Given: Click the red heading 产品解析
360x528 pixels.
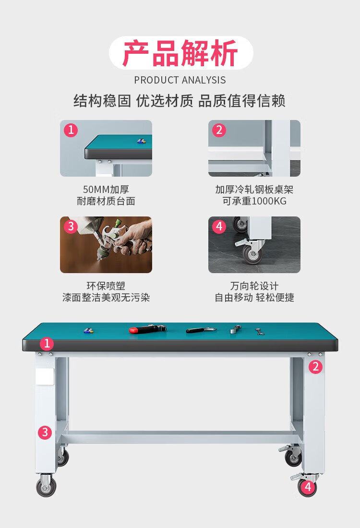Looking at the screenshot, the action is pyautogui.click(x=180, y=53).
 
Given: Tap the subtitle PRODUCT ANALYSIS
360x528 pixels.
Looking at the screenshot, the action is pyautogui.click(x=180, y=80).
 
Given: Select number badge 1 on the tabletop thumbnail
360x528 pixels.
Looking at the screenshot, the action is pyautogui.click(x=71, y=130).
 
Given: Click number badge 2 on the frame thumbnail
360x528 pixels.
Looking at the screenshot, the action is pyautogui.click(x=219, y=130).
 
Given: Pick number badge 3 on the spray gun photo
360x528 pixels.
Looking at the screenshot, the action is pyautogui.click(x=71, y=226).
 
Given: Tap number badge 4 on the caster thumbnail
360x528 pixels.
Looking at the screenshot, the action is pyautogui.click(x=219, y=226).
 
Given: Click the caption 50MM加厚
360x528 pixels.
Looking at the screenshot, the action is pyautogui.click(x=106, y=190).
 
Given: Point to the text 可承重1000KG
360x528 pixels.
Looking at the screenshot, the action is pyautogui.click(x=254, y=202).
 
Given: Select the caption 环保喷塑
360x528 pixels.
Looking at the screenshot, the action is pyautogui.click(x=106, y=286).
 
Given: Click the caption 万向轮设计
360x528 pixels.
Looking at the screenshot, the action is pyautogui.click(x=254, y=286).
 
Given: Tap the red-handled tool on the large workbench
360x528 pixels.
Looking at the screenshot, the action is pyautogui.click(x=147, y=329).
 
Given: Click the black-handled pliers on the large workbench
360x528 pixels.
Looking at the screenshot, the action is pyautogui.click(x=201, y=330).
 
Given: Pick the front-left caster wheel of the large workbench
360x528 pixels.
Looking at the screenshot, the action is pyautogui.click(x=46, y=485).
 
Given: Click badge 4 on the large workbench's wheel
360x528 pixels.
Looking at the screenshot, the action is pyautogui.click(x=308, y=487).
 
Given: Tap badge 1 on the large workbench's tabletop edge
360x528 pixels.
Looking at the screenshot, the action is pyautogui.click(x=47, y=344).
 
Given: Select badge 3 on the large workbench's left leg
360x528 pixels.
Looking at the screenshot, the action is pyautogui.click(x=45, y=432).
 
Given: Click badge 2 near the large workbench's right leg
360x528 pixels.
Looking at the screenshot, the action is pyautogui.click(x=315, y=367).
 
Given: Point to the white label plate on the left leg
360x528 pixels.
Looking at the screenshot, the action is pyautogui.click(x=45, y=377).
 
